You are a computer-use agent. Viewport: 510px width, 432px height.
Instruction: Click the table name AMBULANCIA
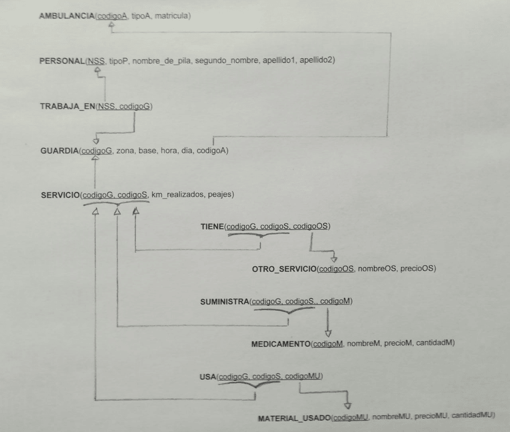pyautogui.click(x=67, y=16)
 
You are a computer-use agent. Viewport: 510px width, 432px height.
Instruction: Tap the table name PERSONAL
pyautogui.click(x=62, y=61)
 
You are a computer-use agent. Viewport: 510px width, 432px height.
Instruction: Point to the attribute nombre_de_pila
pyautogui.click(x=162, y=61)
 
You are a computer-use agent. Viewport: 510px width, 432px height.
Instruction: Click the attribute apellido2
pyautogui.click(x=316, y=60)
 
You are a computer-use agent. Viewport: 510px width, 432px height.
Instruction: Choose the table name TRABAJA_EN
pyautogui.click(x=67, y=106)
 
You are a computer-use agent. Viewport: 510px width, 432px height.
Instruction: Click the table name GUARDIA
pyautogui.click(x=59, y=151)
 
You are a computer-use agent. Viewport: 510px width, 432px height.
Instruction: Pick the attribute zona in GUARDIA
pyautogui.click(x=125, y=151)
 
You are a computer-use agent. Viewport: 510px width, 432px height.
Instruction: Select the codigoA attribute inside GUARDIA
pyautogui.click(x=212, y=150)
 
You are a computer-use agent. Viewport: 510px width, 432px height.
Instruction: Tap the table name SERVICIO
pyautogui.click(x=60, y=195)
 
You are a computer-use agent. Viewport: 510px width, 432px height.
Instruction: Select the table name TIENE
pyautogui.click(x=212, y=227)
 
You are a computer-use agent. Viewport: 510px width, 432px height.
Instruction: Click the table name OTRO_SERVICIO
pyautogui.click(x=284, y=269)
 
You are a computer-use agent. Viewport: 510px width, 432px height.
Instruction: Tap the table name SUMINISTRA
pyautogui.click(x=224, y=302)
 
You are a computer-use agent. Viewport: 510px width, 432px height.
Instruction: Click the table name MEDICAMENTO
pyautogui.click(x=281, y=344)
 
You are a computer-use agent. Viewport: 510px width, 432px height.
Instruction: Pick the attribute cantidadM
pyautogui.click(x=434, y=342)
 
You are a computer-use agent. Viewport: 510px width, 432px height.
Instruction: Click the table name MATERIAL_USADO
pyautogui.click(x=294, y=418)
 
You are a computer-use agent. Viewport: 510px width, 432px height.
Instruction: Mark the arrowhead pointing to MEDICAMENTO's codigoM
pyautogui.click(x=328, y=333)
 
